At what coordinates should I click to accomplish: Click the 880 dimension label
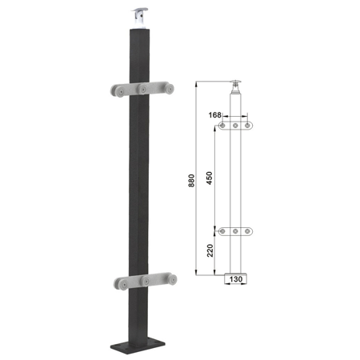[x=191, y=181]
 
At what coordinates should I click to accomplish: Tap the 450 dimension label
[x=210, y=178]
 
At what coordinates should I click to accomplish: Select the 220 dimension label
[x=210, y=250]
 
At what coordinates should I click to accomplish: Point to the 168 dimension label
[x=214, y=115]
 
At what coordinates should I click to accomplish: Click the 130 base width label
[x=236, y=279]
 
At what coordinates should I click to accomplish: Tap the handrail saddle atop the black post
[x=139, y=18]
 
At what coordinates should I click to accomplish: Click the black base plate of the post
[x=134, y=346]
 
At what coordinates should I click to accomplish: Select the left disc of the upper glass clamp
[x=118, y=90]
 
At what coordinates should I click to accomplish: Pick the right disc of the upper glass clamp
[x=169, y=88]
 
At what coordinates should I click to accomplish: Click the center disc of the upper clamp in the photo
[x=143, y=89]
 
